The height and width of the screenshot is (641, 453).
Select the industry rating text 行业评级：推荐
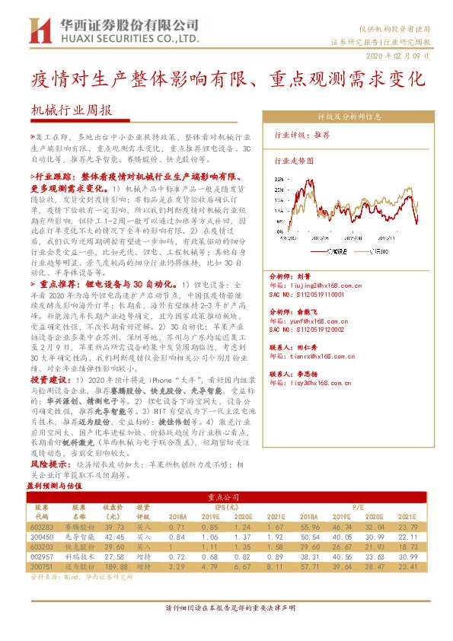[x=301, y=135]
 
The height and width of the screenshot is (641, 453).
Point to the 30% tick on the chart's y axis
[x=279, y=180]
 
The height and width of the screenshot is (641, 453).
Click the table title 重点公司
[x=227, y=496]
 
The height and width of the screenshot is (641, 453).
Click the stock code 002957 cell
[x=43, y=556]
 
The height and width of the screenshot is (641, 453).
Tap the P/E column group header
[x=375, y=505]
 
